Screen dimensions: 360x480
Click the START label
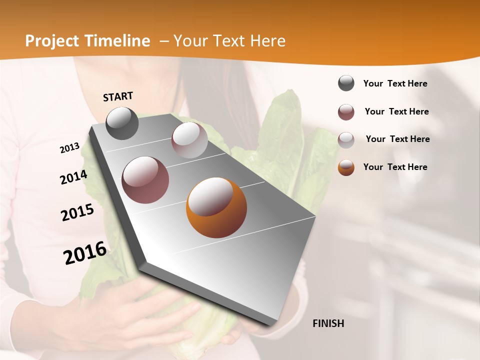118,96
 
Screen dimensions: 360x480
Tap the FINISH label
328,323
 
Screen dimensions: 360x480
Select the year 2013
70,148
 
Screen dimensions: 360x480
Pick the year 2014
74,177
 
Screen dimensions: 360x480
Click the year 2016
85,253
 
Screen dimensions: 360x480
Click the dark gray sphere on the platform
122,123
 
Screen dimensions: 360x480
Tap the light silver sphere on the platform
189,140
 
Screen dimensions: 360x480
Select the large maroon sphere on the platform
145,179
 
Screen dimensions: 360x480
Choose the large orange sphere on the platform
216,207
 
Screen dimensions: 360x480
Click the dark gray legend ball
346,83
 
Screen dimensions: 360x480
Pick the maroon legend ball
346,112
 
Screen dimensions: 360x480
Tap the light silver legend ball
346,140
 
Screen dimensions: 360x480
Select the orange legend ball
346,167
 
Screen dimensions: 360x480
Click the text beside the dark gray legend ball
395,83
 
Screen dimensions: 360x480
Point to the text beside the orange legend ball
395,167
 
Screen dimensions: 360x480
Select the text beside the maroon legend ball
396,111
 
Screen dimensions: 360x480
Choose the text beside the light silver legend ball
397,139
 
